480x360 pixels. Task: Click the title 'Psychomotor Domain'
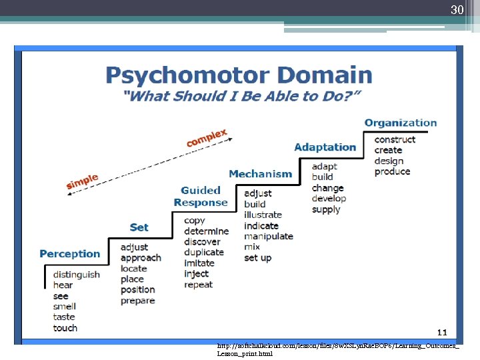pyautogui.click(x=239, y=75)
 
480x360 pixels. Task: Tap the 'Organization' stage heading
pyautogui.click(x=401, y=123)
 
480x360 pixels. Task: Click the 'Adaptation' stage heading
pyautogui.click(x=325, y=147)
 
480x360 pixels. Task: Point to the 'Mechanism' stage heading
pyautogui.click(x=260, y=174)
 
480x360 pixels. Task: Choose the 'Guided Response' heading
pyautogui.click(x=201, y=197)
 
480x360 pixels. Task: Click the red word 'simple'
pyautogui.click(x=82, y=181)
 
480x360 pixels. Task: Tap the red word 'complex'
pyautogui.click(x=207, y=138)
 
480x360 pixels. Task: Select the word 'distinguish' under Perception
pyautogui.click(x=77, y=275)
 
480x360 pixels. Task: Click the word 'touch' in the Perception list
pyautogui.click(x=65, y=328)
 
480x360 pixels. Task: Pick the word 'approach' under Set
pyautogui.click(x=141, y=258)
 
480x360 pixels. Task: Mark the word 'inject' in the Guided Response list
pyautogui.click(x=197, y=274)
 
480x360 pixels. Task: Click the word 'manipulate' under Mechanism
pyautogui.click(x=269, y=236)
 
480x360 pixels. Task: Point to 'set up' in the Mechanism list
pyautogui.click(x=258, y=258)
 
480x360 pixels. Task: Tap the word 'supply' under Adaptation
pyautogui.click(x=326, y=209)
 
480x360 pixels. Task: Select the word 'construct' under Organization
pyautogui.click(x=395, y=139)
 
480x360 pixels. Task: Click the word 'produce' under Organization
pyautogui.click(x=392, y=171)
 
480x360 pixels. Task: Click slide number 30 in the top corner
pyautogui.click(x=457, y=9)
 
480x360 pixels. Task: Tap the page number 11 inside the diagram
pyautogui.click(x=441, y=331)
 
